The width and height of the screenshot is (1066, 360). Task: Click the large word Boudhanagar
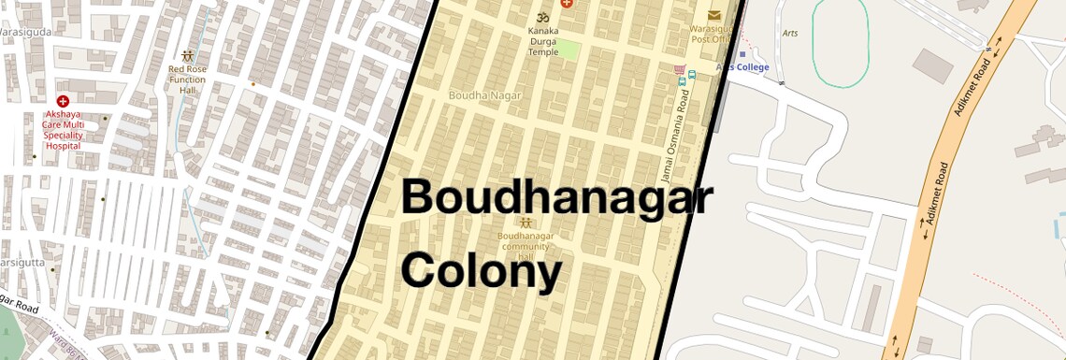click(x=556, y=199)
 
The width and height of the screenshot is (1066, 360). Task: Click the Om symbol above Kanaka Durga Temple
click(x=541, y=18)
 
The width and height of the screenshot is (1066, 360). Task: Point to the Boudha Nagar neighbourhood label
click(x=485, y=95)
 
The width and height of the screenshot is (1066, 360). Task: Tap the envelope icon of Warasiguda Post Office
click(x=714, y=15)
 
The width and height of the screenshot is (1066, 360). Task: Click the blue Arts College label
click(x=742, y=67)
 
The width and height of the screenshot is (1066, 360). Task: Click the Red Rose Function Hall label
click(x=187, y=79)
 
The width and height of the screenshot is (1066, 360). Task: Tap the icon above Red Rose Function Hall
click(x=188, y=56)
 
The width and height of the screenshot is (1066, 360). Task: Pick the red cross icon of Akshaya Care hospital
click(x=63, y=101)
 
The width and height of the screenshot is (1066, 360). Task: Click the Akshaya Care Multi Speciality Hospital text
click(x=64, y=130)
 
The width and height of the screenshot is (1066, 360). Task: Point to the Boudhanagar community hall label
click(x=526, y=246)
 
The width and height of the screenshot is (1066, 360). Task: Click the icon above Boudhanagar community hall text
click(x=526, y=223)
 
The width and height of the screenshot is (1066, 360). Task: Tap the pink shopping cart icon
click(x=679, y=70)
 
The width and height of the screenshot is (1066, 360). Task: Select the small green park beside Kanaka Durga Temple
click(x=568, y=50)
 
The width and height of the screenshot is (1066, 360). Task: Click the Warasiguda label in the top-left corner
click(x=26, y=31)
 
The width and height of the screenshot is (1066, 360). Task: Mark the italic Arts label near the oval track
click(x=789, y=34)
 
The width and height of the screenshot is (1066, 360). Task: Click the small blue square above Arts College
click(x=742, y=54)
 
